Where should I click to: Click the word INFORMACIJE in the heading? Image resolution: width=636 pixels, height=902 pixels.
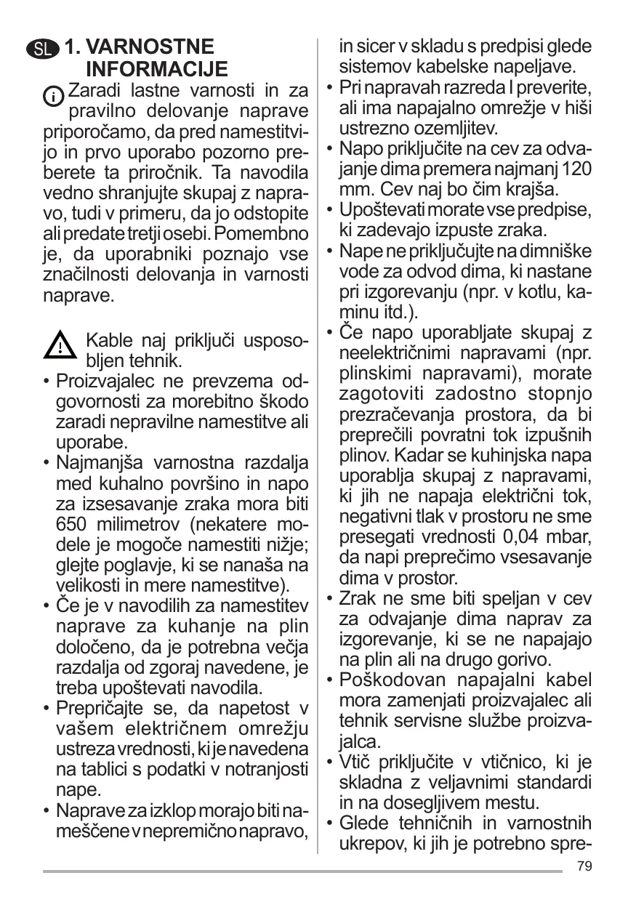pos(157,70)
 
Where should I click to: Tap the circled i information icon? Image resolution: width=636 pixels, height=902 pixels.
pos(54,97)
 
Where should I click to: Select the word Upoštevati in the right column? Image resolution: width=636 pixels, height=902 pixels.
pos(387,211)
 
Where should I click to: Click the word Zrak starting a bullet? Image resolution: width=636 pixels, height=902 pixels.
pos(358,599)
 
